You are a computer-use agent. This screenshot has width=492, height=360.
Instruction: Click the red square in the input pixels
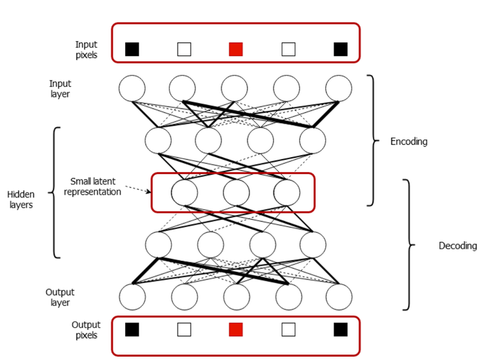point(236,49)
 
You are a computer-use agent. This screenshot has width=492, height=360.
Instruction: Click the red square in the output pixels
point(236,330)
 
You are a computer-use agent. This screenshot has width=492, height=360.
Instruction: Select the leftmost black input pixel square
point(133,49)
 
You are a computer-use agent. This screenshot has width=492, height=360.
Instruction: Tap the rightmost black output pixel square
point(340,330)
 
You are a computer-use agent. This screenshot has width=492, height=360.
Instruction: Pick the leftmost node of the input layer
point(132,88)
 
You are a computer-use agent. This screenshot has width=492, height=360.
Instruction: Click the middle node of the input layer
point(235,88)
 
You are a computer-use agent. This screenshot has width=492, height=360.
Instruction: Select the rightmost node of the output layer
point(338,297)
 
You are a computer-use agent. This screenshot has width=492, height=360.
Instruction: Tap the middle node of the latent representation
point(235,192)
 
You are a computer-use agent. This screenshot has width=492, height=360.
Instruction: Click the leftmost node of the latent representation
point(184,192)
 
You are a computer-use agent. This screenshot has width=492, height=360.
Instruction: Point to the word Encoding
point(409,142)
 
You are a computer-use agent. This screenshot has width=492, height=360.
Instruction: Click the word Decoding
point(457,245)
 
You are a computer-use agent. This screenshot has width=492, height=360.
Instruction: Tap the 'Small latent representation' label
point(96,186)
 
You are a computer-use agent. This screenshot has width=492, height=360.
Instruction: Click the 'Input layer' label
point(60,89)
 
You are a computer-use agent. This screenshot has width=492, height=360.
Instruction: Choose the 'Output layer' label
point(60,297)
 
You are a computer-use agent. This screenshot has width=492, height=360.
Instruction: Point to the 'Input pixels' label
point(86,49)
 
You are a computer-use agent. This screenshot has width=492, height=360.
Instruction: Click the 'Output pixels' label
point(85,330)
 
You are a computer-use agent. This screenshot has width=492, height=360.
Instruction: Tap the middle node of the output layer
point(235,297)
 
